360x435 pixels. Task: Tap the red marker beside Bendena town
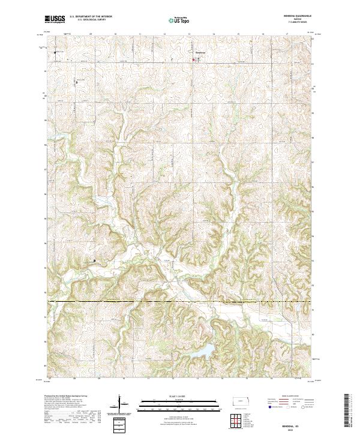[x=193, y=59]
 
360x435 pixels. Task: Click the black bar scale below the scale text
[x=171, y=401]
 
